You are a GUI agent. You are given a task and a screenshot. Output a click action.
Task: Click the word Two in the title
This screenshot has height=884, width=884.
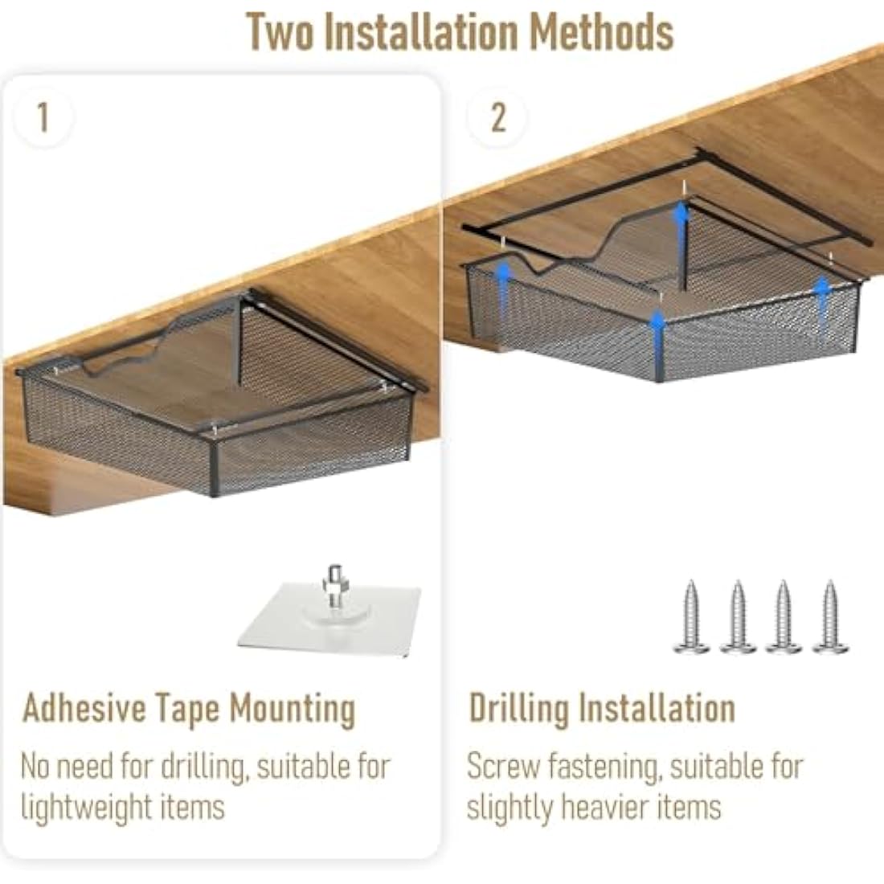click(x=280, y=32)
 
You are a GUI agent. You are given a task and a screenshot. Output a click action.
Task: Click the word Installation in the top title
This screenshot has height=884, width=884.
click(x=422, y=32)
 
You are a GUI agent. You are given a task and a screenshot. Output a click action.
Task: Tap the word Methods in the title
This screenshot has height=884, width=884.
click(x=602, y=32)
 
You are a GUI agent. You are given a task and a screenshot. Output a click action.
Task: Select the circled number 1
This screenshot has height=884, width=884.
click(x=43, y=117)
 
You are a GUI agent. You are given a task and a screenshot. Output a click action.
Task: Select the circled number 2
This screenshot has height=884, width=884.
click(x=497, y=117)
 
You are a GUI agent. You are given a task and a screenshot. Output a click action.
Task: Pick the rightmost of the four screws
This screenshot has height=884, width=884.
click(x=830, y=616)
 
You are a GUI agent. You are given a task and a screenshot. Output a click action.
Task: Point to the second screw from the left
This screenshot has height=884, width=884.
click(x=738, y=616)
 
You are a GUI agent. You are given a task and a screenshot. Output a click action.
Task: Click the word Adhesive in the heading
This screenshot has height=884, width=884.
click(x=84, y=707)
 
